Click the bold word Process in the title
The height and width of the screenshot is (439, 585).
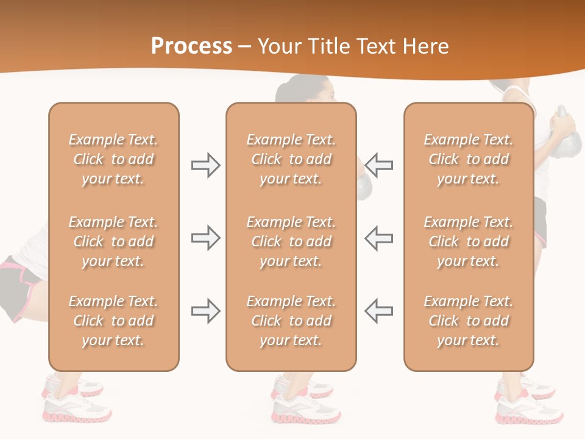(x=191, y=46)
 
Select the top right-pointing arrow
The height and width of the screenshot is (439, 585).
(x=205, y=165)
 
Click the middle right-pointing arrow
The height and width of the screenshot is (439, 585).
(x=205, y=238)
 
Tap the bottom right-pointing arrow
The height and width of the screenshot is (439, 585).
(x=205, y=311)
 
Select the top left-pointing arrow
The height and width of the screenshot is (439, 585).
(x=379, y=165)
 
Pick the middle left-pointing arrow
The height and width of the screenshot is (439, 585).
(x=379, y=238)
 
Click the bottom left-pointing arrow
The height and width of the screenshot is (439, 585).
(x=379, y=311)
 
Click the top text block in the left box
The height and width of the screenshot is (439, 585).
(x=113, y=159)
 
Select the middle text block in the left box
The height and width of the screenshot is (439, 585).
(x=113, y=241)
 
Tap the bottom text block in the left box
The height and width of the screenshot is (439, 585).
(x=113, y=321)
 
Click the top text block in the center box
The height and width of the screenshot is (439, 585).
(x=291, y=159)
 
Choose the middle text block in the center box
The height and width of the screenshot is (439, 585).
(x=291, y=241)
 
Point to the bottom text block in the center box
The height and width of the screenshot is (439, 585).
(x=291, y=321)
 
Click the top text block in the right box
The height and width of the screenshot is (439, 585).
(x=469, y=159)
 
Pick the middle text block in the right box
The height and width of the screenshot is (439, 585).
(x=469, y=241)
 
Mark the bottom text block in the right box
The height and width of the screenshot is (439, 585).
(x=469, y=321)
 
